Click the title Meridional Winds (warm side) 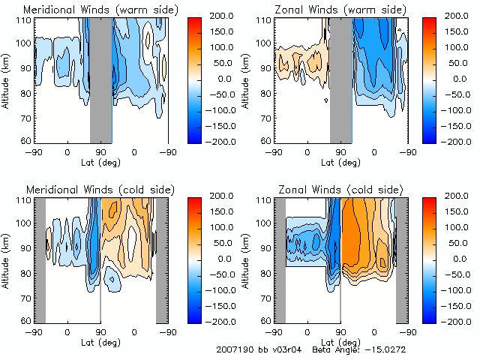tap(89, 9)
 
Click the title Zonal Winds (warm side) tap(330, 9)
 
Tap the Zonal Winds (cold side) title tap(329, 189)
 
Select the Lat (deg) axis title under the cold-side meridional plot tap(100, 341)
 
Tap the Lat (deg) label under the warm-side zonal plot tap(340, 161)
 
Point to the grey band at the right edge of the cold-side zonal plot tap(401, 259)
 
